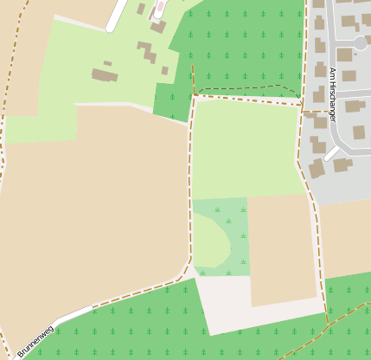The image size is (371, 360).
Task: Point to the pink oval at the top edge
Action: [x=160, y=7]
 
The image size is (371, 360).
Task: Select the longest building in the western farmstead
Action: [x=105, y=75]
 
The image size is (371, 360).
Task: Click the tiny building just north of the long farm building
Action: [x=107, y=63]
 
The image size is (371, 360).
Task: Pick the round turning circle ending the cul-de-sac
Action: [x=360, y=42]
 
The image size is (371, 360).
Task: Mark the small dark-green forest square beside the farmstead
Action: [x=171, y=100]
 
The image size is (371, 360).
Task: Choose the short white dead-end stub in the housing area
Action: [x=332, y=153]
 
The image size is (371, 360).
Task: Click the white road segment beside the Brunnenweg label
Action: [x=74, y=315]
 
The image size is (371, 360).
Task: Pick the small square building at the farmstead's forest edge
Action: [x=164, y=71]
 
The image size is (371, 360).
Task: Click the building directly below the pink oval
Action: [x=158, y=26]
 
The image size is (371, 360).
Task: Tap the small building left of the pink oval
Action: [x=141, y=9]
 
